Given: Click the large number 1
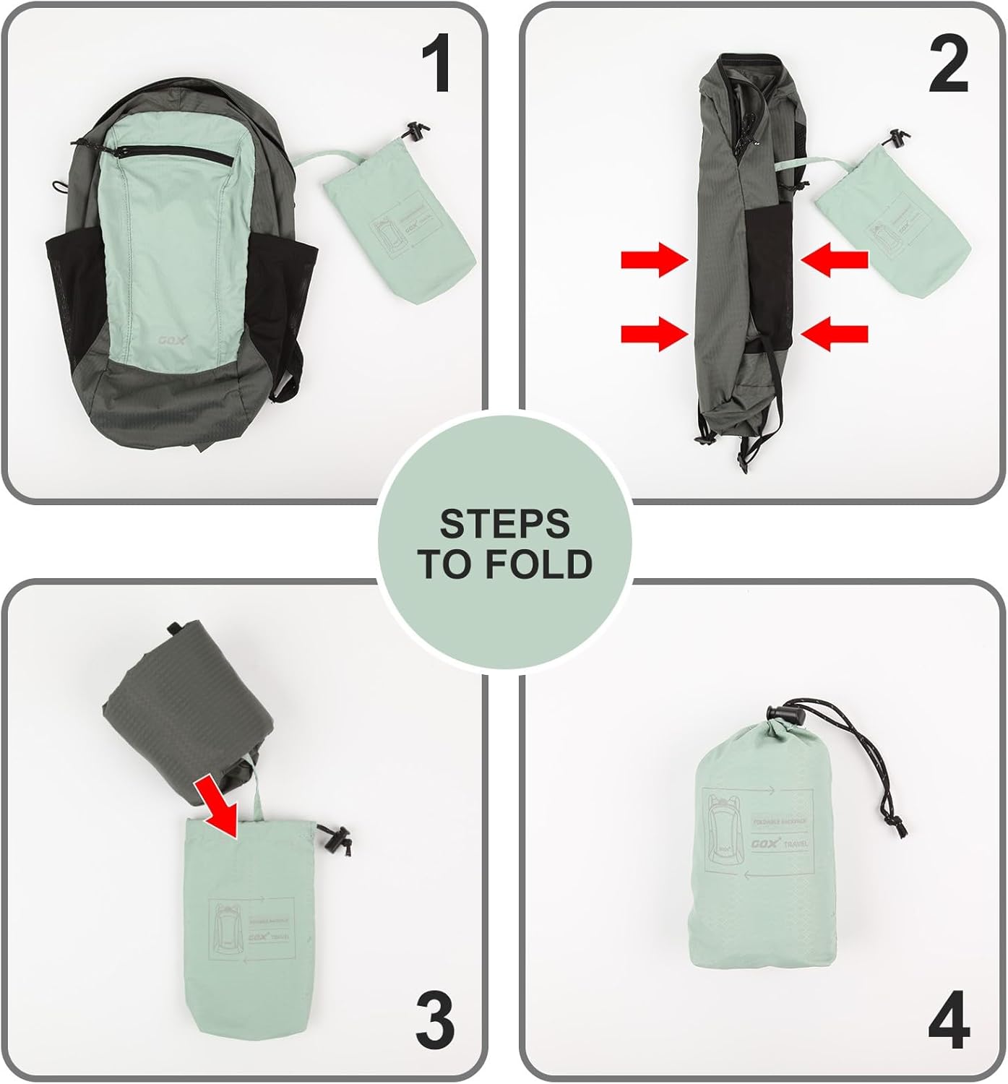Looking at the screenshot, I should pyautogui.click(x=436, y=66).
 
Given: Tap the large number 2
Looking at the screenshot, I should pyautogui.click(x=947, y=66).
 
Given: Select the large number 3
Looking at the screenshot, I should pyautogui.click(x=435, y=1020).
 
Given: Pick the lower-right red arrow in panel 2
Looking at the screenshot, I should pyautogui.click(x=835, y=333).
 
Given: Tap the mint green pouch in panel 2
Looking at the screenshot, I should pyautogui.click(x=892, y=231).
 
